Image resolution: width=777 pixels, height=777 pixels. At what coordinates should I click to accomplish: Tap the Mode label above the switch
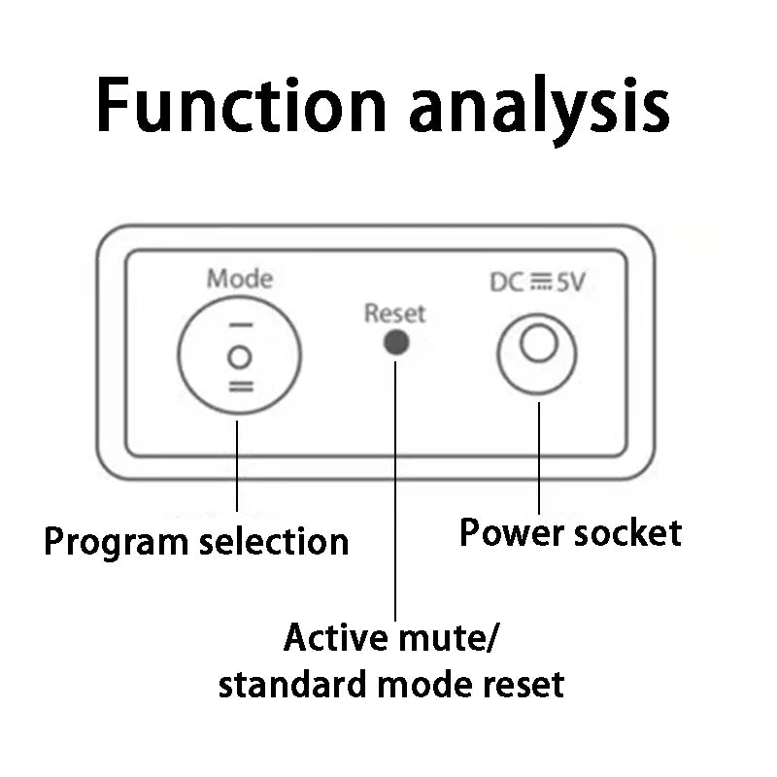pos(239,280)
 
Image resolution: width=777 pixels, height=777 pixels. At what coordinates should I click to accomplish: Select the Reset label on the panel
pos(394,313)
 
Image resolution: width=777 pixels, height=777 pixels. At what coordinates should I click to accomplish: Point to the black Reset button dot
pos(395,342)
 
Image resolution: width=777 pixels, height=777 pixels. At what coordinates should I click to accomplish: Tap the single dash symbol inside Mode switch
pos(240,325)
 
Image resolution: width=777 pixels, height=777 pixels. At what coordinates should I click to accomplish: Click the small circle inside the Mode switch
pos(239,356)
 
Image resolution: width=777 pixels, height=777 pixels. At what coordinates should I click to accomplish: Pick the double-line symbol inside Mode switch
pos(240,387)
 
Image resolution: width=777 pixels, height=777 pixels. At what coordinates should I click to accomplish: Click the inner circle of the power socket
pos(537,344)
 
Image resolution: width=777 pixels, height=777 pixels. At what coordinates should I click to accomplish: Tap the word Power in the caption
pos(511,532)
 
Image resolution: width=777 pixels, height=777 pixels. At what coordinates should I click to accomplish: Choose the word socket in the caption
pos(626,532)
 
